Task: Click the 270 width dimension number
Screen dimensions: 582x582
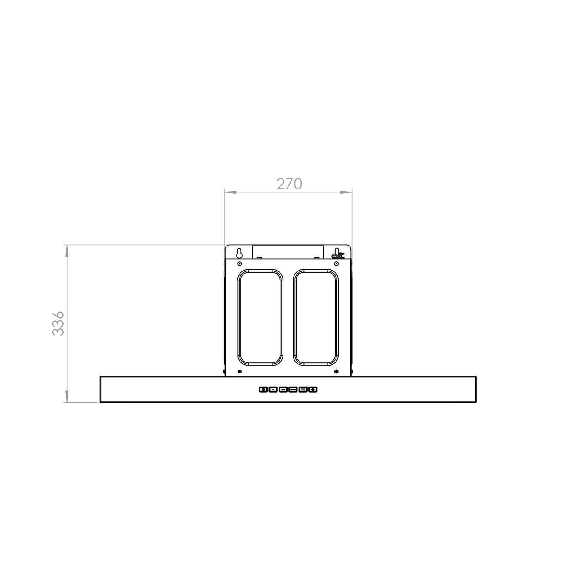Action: (289, 184)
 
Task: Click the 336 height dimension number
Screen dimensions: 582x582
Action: (58, 323)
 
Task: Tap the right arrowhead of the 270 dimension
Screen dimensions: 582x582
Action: (346, 192)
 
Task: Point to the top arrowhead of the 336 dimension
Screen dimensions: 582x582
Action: (67, 250)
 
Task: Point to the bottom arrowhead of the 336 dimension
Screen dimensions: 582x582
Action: (67, 396)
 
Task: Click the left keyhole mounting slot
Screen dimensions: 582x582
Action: (239, 253)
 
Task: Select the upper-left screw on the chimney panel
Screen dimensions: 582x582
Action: (240, 264)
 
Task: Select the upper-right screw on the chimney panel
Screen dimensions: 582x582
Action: (336, 264)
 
